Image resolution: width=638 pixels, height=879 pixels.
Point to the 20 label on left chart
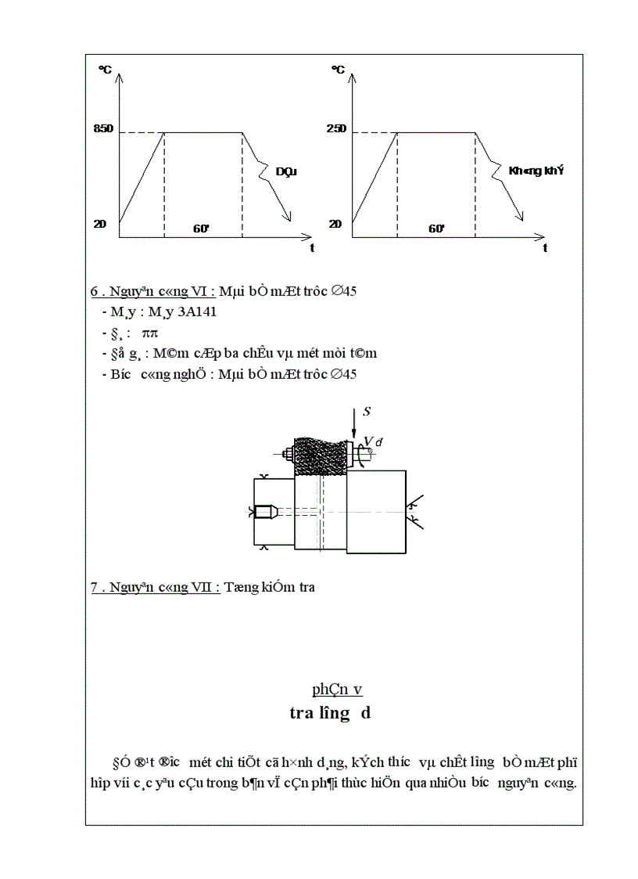tap(99, 224)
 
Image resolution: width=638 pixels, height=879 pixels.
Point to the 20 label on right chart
tap(335, 224)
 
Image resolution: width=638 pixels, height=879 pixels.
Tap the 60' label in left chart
tap(202, 229)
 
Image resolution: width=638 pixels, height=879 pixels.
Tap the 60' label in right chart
tap(436, 229)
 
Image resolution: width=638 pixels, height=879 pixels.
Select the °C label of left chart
tap(105, 70)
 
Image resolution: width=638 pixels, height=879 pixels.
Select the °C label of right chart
tap(338, 70)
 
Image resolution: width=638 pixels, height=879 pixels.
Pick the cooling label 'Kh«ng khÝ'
tap(536, 170)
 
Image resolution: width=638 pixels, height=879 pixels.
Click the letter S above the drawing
tap(366, 411)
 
